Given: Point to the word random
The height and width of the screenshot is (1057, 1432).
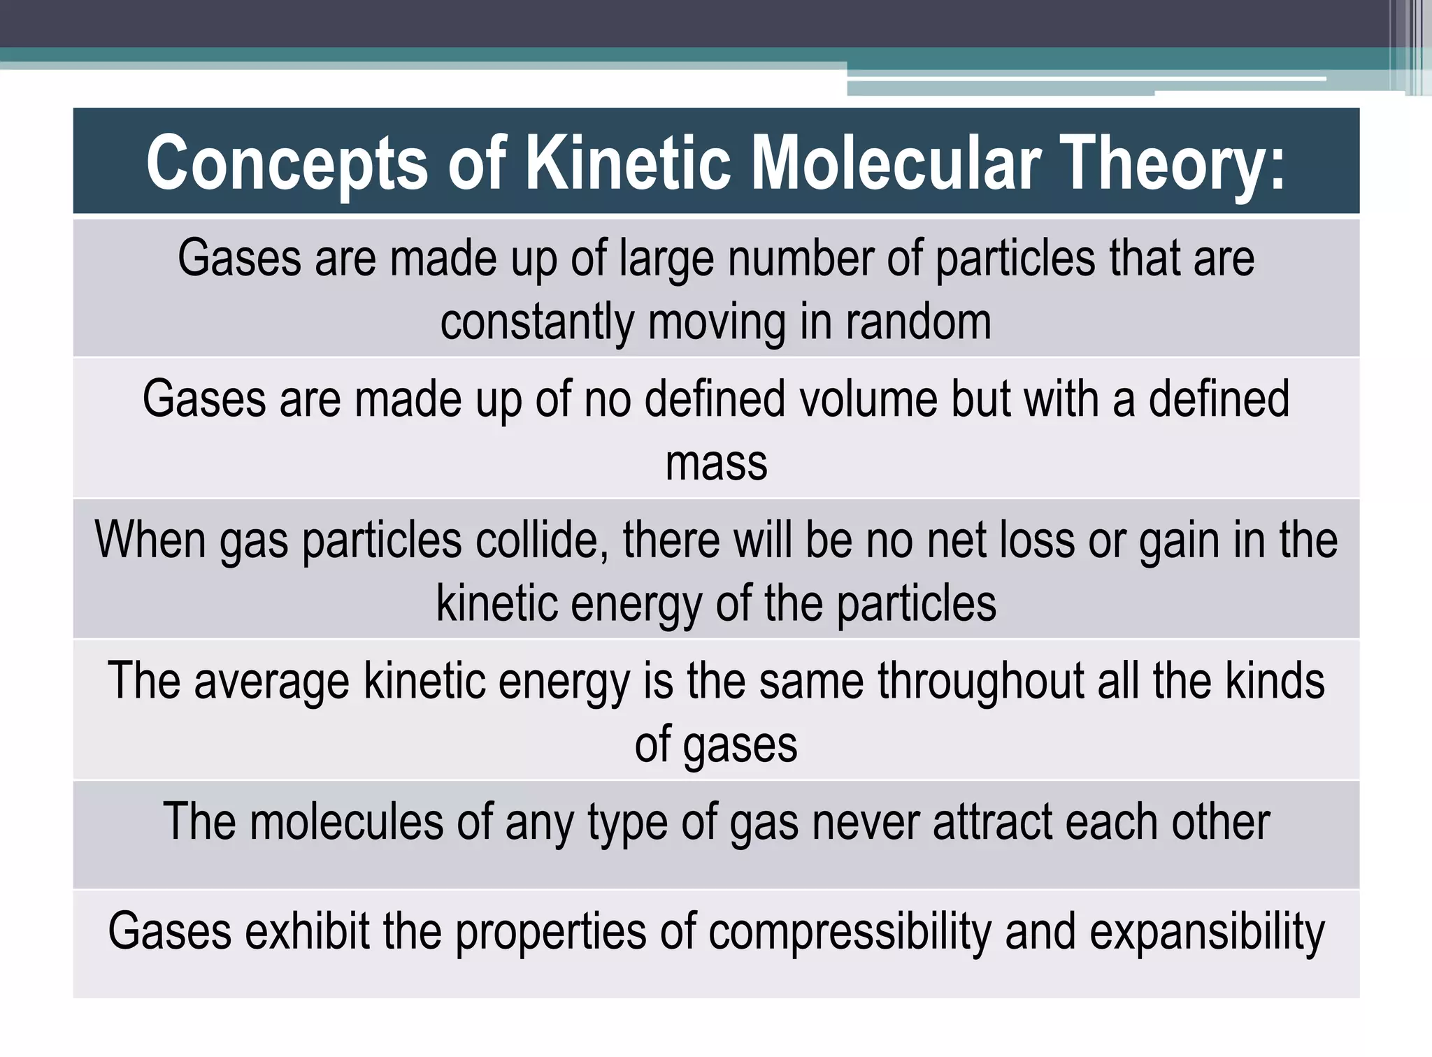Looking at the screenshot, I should [918, 322].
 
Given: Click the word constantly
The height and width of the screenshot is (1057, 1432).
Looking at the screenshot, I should [537, 322].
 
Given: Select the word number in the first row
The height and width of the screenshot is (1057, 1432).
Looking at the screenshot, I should [801, 258].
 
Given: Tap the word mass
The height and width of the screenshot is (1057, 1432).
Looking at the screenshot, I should [716, 463].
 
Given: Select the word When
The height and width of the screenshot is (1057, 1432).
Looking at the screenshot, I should [150, 540].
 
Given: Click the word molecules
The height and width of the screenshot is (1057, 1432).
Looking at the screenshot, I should [346, 821].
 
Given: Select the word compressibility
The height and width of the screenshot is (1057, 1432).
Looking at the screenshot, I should [850, 932].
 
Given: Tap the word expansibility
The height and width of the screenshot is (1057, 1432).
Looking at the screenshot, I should [1207, 932].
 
